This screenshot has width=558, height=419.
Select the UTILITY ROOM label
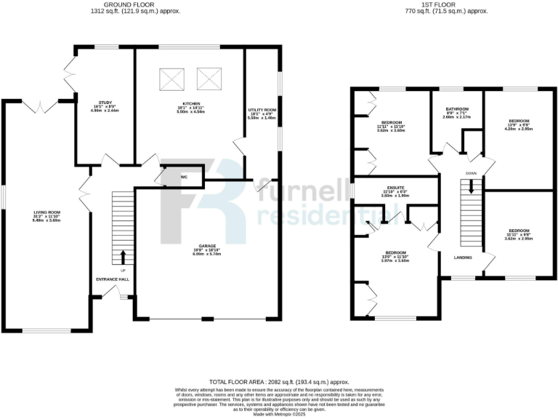[262, 109]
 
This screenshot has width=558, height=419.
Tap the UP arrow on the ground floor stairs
[122, 257]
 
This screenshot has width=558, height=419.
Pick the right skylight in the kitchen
[209, 75]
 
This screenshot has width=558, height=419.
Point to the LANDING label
[464, 258]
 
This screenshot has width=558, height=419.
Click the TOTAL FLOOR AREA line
[279, 381]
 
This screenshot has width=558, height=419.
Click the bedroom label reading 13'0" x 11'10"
[396, 255]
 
